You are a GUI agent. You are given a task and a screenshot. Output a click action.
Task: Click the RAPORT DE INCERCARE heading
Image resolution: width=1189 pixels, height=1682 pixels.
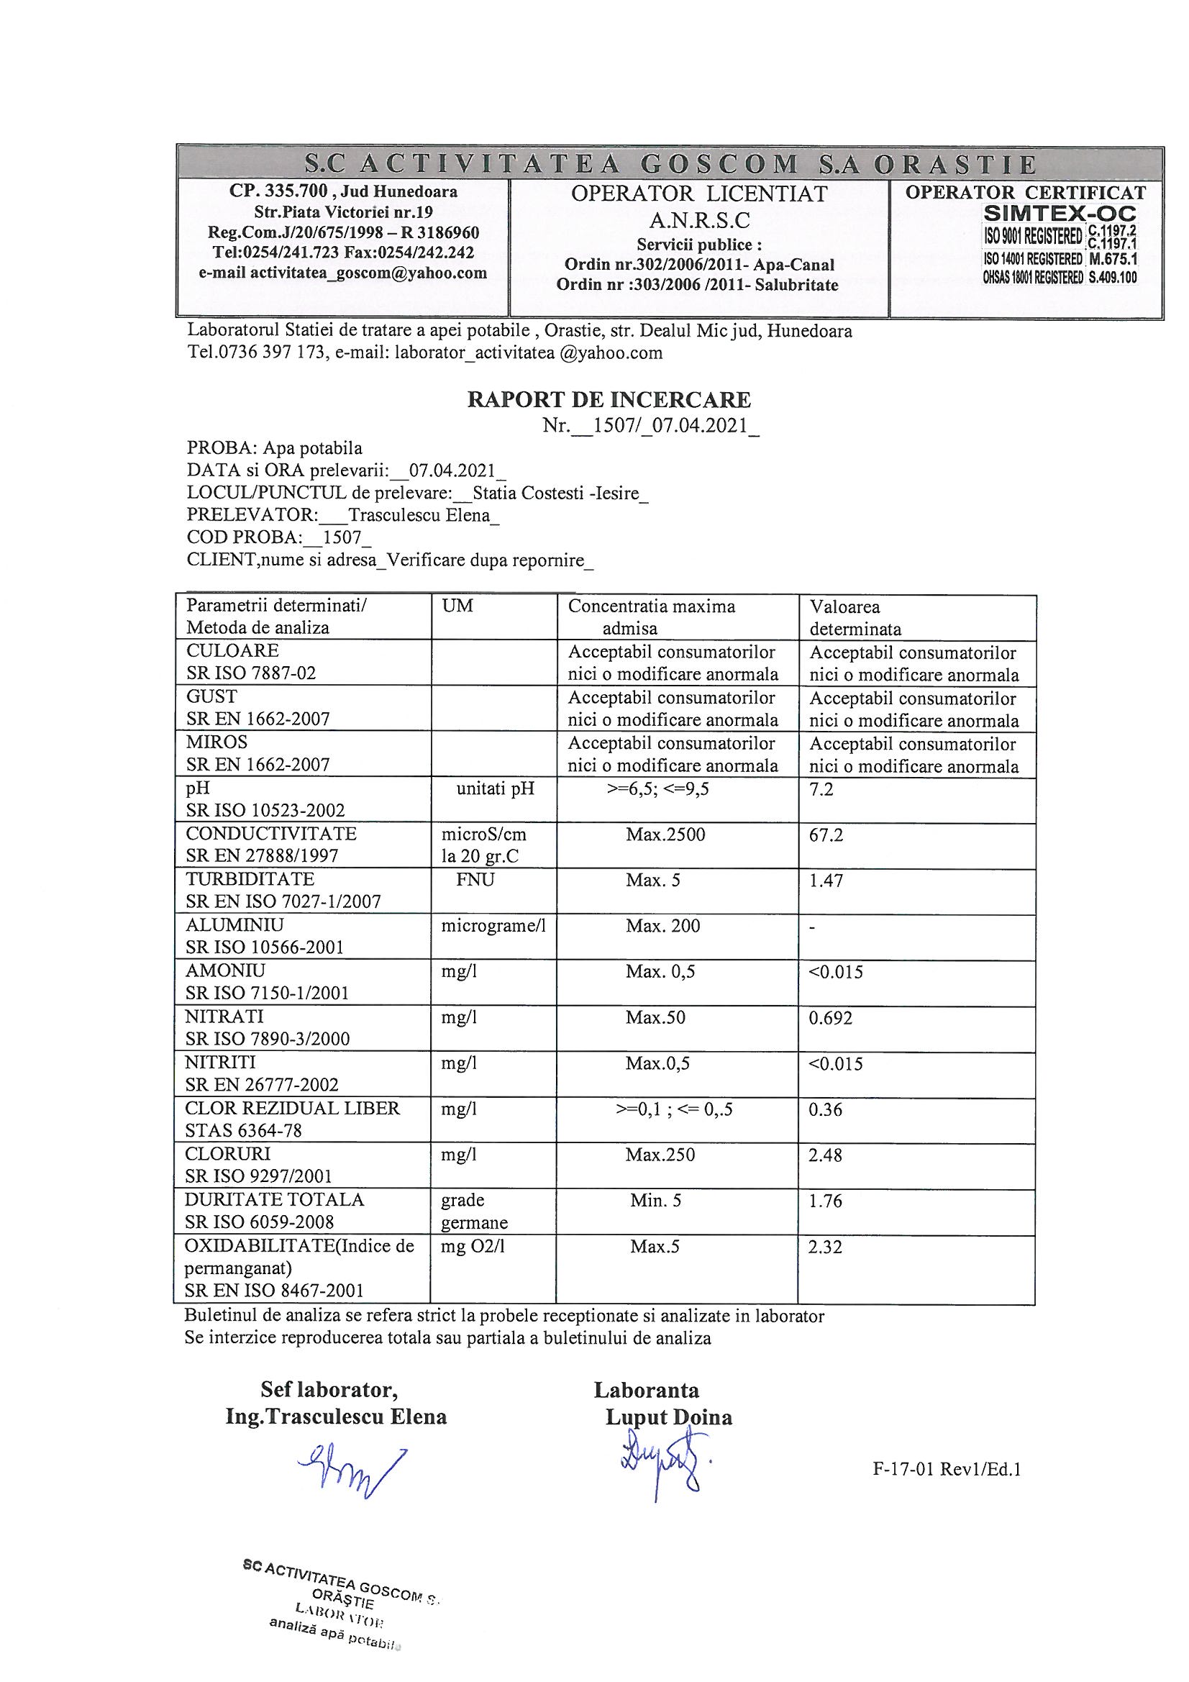pos(609,399)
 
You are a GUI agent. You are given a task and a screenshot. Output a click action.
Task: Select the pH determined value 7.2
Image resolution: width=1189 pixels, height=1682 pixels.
pos(821,789)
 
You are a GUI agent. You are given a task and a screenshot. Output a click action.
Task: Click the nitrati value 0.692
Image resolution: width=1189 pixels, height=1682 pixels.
pos(830,1017)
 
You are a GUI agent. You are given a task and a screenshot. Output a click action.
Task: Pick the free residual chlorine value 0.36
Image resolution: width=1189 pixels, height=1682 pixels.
pos(826,1109)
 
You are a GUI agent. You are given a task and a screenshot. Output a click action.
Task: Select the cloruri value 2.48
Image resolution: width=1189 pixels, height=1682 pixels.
pos(826,1155)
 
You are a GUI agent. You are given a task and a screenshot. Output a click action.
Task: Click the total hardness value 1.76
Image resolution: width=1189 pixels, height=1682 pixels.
pos(826,1201)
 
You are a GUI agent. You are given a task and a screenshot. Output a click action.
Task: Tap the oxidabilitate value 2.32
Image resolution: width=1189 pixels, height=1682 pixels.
pos(826,1247)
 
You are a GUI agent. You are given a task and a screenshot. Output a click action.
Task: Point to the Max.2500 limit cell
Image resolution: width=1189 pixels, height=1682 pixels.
pos(665,835)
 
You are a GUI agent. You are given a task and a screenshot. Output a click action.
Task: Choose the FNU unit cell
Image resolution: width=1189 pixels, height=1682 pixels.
pos(475,880)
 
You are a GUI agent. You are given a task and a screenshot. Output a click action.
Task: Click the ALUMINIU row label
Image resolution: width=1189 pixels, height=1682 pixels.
pos(234,925)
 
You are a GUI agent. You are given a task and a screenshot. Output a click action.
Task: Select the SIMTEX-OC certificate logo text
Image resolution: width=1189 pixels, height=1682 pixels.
pos(1060,214)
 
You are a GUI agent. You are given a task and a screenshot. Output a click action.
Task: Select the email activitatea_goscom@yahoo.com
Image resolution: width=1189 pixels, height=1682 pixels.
pos(343,273)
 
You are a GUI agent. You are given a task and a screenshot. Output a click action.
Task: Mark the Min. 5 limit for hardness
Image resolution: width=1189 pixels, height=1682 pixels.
pos(656,1201)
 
